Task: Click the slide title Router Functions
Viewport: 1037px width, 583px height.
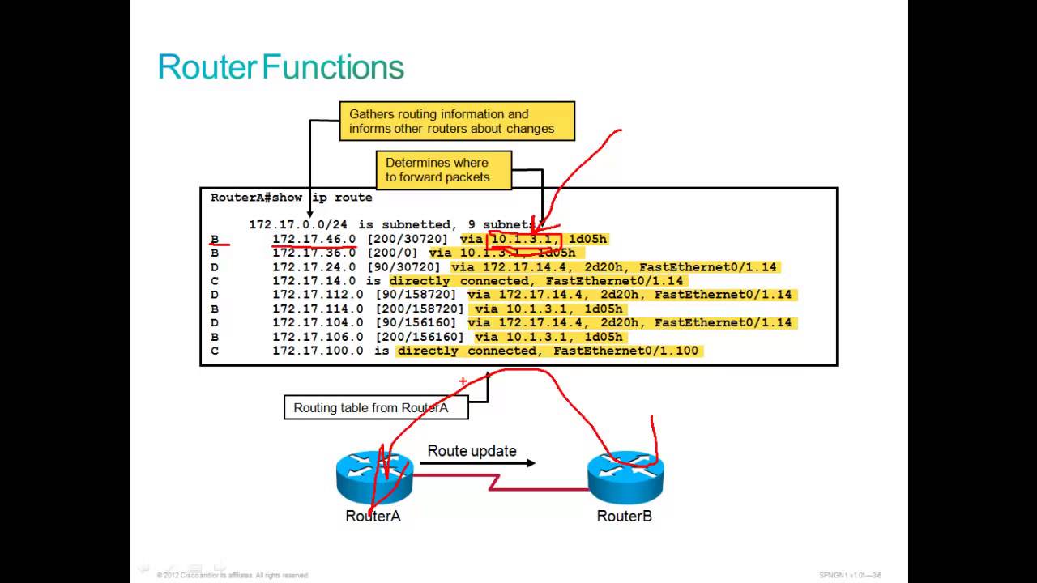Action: [280, 67]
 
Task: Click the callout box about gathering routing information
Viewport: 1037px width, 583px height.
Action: [457, 121]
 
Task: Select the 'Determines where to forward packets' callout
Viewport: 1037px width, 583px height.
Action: [443, 170]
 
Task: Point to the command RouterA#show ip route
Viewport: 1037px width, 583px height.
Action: [291, 198]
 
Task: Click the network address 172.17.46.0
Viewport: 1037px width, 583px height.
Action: [314, 239]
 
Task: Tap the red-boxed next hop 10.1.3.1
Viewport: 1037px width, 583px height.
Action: [523, 239]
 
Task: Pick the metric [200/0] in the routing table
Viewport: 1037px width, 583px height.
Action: [392, 253]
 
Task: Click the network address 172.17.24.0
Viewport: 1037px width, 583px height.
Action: [314, 266]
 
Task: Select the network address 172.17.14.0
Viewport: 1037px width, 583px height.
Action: [314, 281]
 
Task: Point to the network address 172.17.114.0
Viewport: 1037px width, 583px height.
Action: [318, 309]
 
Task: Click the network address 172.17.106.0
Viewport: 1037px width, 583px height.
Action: [318, 337]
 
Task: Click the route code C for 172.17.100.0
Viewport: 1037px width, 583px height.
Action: [215, 351]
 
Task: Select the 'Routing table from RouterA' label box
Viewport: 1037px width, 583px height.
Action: [376, 407]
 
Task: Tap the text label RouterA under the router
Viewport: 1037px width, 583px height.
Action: [373, 516]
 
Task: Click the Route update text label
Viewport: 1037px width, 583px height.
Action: [472, 451]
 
